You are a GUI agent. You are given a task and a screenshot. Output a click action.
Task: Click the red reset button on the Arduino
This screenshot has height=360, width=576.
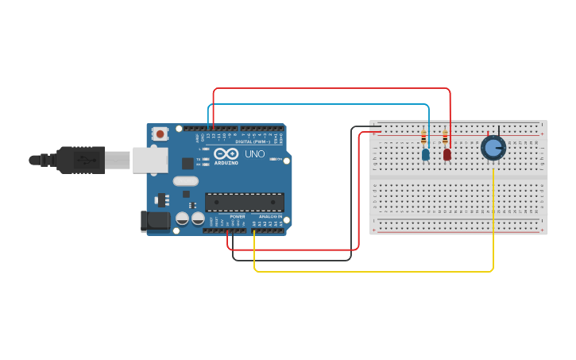(160, 134)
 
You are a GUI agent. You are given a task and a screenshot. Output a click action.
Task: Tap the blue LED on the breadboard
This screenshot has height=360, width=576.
(426, 154)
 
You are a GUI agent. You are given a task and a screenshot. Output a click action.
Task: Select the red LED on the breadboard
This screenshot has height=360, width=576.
(447, 154)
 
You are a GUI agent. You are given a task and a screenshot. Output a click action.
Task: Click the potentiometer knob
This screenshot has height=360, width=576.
(493, 148)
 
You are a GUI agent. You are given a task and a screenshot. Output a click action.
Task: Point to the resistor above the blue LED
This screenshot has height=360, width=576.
(423, 138)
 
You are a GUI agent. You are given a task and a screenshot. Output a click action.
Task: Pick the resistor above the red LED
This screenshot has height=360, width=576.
(445, 137)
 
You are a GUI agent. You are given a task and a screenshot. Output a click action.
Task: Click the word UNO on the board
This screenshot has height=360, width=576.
(254, 154)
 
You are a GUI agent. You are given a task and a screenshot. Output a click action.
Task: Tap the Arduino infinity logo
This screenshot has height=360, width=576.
(226, 154)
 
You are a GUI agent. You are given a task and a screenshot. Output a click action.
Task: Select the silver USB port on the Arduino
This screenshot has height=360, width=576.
(149, 160)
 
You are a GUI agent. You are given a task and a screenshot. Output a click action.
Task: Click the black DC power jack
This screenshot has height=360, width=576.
(154, 221)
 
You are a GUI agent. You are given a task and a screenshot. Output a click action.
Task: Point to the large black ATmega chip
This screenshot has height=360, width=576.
(244, 202)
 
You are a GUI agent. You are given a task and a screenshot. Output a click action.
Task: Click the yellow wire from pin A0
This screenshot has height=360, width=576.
(373, 272)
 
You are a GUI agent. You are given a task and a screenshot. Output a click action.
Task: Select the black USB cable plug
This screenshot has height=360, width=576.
(79, 160)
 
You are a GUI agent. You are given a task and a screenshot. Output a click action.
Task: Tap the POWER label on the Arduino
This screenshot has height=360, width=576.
(238, 216)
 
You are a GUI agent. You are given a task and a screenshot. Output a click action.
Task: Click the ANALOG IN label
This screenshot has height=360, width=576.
(270, 216)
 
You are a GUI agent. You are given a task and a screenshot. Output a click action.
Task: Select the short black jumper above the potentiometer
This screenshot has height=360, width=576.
(499, 130)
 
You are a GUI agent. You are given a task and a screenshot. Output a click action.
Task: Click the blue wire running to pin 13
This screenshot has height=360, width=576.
(318, 104)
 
